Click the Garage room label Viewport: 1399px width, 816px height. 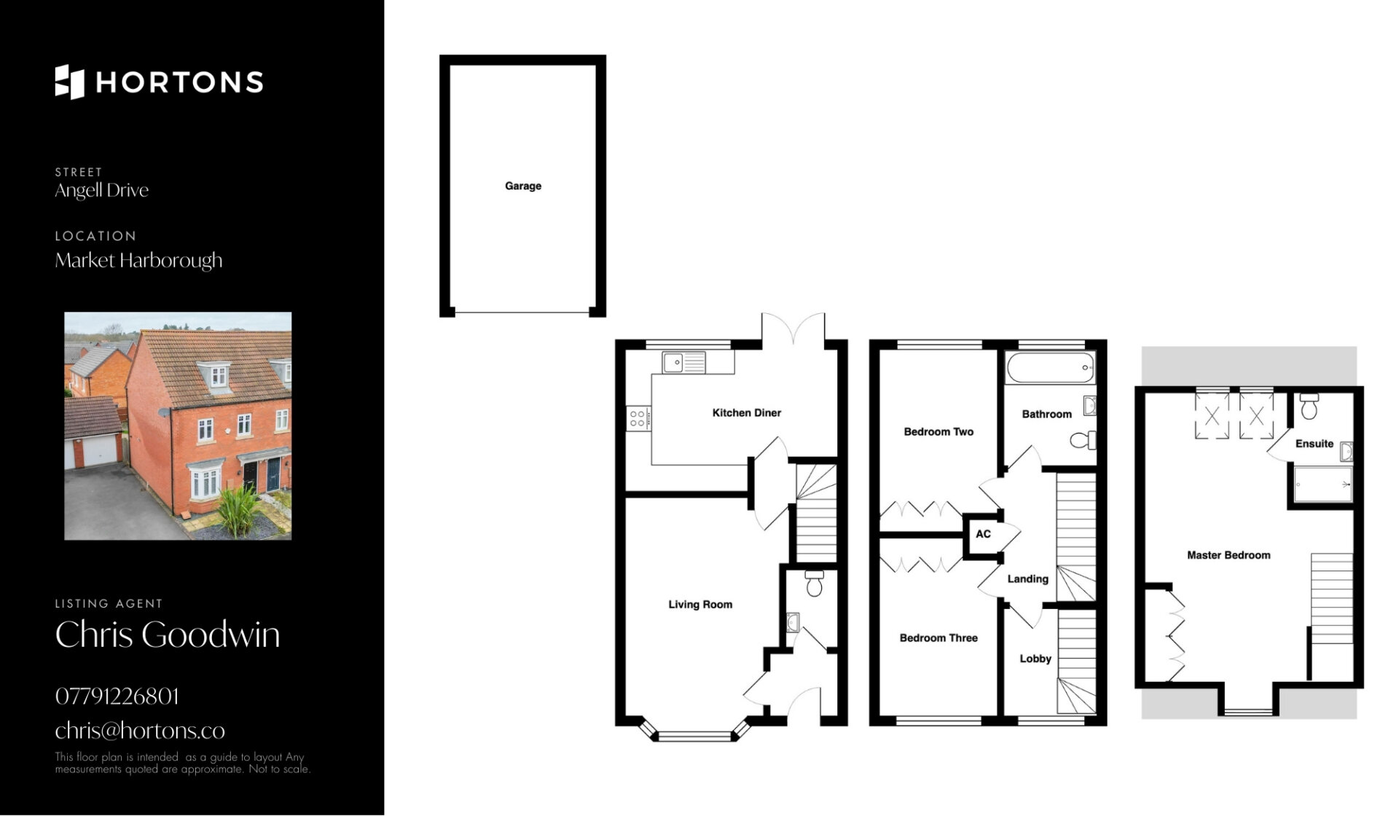[523, 186]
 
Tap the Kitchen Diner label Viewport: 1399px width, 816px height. [746, 412]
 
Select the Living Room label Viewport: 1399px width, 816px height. [700, 604]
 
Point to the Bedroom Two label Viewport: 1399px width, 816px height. [938, 431]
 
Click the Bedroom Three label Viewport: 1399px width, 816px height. [938, 637]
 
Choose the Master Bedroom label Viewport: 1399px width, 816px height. [1228, 555]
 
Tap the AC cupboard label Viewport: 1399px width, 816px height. [983, 534]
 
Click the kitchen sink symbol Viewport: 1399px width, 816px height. [683, 362]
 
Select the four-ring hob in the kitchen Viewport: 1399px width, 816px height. [638, 417]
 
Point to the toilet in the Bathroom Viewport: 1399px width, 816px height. [1083, 440]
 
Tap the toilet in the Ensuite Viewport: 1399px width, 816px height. [1309, 407]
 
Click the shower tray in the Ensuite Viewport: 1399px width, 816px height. [1323, 484]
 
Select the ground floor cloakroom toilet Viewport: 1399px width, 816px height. [814, 583]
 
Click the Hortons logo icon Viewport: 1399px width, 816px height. [70, 82]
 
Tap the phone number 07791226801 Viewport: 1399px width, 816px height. [117, 697]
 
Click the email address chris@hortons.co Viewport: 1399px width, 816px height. [140, 730]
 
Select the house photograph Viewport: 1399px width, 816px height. [178, 426]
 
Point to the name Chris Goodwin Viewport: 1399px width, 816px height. [168, 635]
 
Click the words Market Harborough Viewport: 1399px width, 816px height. [138, 261]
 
